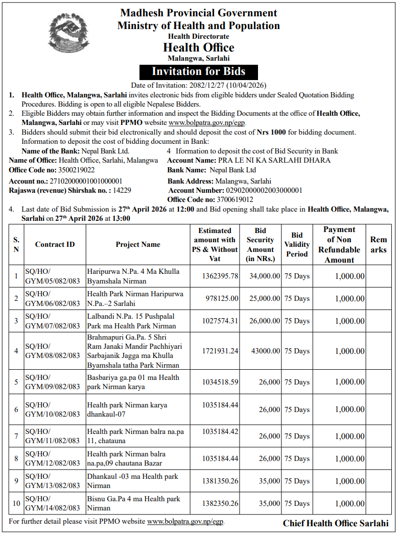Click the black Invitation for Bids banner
(x=199, y=71)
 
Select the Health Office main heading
(x=199, y=47)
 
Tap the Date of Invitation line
(x=199, y=85)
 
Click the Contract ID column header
(x=55, y=244)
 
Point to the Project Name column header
(x=138, y=244)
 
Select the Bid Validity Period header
(x=297, y=244)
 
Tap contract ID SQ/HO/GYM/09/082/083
(x=53, y=382)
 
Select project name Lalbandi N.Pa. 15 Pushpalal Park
(x=132, y=321)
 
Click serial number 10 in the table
(x=16, y=503)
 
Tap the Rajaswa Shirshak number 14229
(x=122, y=190)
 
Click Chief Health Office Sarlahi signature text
(x=336, y=523)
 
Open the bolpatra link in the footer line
(x=185, y=522)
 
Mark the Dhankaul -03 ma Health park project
(x=133, y=481)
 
